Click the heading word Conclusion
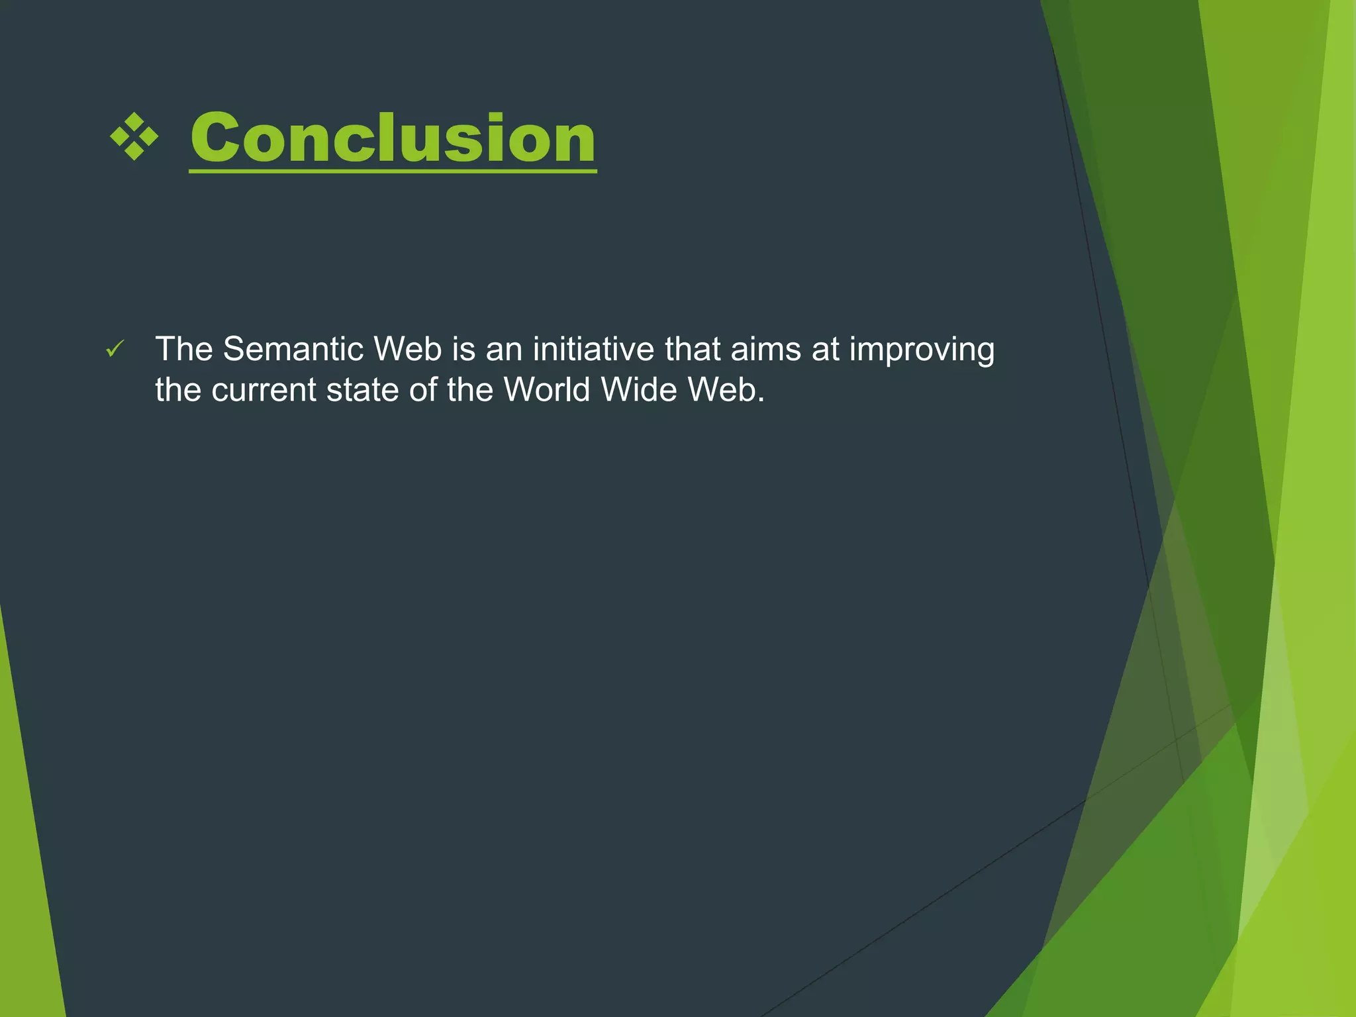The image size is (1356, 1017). click(393, 138)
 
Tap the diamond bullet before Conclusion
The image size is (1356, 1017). click(134, 137)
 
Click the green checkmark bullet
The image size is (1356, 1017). click(115, 349)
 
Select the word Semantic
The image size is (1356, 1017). click(293, 349)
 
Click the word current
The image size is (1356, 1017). click(264, 390)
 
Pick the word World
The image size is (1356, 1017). click(547, 389)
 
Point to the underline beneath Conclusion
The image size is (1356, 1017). click(393, 171)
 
